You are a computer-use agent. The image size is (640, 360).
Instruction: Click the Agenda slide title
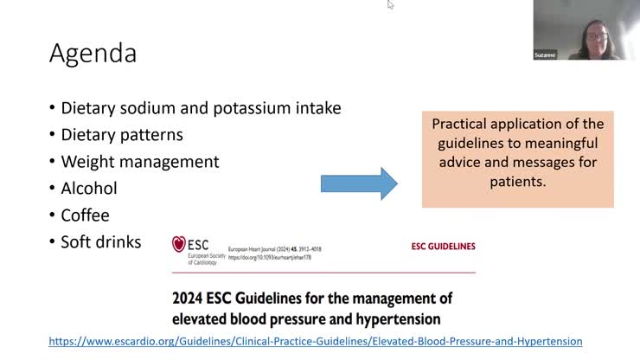(93, 54)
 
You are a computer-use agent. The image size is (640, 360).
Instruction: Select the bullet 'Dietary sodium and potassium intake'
(201, 108)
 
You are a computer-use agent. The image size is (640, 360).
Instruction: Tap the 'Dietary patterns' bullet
(121, 135)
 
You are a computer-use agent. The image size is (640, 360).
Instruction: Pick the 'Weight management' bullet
(139, 162)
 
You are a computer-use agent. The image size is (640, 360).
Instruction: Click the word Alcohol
(88, 188)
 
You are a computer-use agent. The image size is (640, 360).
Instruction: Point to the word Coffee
(85, 215)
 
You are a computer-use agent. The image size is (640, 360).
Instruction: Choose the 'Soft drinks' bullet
(100, 241)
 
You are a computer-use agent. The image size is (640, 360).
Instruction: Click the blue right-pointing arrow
(358, 183)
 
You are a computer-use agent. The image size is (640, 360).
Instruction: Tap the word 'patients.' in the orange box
(517, 183)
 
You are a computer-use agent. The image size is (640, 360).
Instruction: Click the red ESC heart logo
(179, 245)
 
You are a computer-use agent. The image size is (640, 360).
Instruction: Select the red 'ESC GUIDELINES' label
(442, 247)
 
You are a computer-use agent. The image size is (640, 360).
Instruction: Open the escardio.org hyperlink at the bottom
(316, 342)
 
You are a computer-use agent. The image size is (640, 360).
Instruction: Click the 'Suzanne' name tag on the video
(545, 55)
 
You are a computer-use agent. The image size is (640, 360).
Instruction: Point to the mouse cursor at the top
(390, 4)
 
